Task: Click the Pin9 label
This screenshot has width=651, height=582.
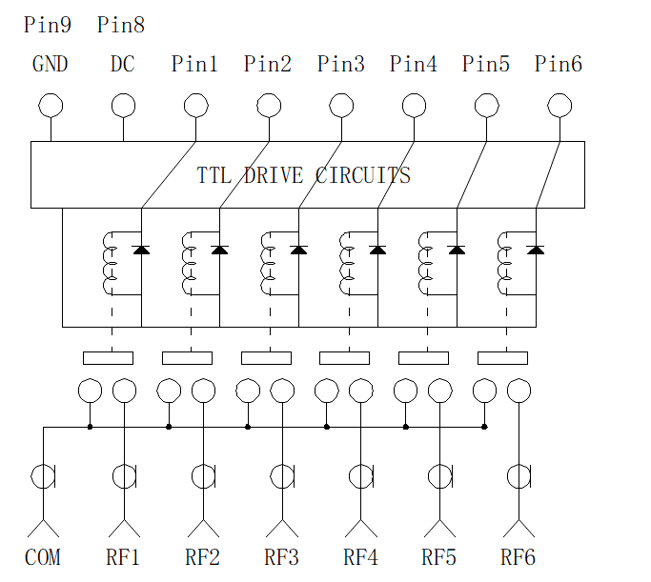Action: click(48, 25)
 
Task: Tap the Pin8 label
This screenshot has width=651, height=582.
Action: click(121, 25)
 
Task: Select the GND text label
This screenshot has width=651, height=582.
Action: click(50, 65)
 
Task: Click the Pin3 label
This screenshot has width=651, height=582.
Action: click(341, 65)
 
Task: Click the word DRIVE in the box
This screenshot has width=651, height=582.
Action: click(274, 175)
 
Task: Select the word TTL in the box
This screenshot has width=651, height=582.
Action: click(214, 175)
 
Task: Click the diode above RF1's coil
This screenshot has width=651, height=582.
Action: click(141, 250)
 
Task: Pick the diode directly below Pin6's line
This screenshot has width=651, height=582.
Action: click(536, 250)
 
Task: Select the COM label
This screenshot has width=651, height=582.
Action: click(42, 557)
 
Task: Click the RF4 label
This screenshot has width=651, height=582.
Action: click(360, 557)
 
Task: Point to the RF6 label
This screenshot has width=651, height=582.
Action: click(518, 557)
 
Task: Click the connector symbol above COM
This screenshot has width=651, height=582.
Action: click(43, 476)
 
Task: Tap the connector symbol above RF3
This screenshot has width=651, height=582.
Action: click(282, 476)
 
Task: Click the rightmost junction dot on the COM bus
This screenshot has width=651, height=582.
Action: click(484, 427)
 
